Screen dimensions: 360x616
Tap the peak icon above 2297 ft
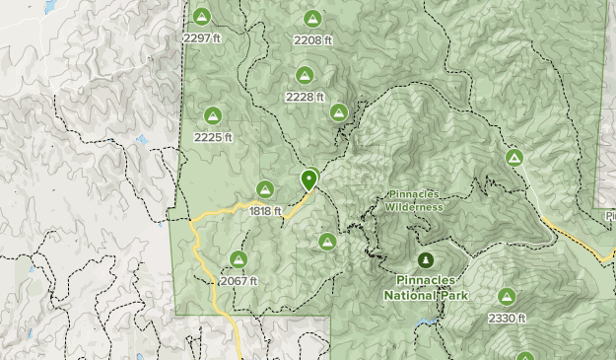pos(201,17)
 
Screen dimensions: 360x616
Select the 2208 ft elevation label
pos(312,40)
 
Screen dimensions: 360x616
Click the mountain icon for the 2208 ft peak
pos(312,19)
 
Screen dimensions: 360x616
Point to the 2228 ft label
pos(304,97)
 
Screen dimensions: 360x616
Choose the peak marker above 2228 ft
pos(304,75)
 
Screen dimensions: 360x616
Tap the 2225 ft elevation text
pos(213,137)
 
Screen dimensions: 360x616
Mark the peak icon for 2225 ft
pos(212,115)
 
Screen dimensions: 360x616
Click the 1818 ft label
pos(264,211)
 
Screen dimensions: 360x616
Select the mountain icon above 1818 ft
pos(265,189)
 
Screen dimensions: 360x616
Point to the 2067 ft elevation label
pos(239,281)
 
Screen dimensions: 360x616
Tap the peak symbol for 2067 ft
pos(238,259)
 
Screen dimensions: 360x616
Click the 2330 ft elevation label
pos(507,319)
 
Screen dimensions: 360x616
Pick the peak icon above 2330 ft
pos(507,297)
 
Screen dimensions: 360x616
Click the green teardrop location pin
pos(309,180)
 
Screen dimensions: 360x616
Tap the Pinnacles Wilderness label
pos(414,200)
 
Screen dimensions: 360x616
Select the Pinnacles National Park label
pos(425,286)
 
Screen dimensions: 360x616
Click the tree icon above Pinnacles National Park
pos(425,260)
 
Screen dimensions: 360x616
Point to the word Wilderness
pos(414,207)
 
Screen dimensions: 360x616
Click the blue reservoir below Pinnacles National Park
pos(426,323)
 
